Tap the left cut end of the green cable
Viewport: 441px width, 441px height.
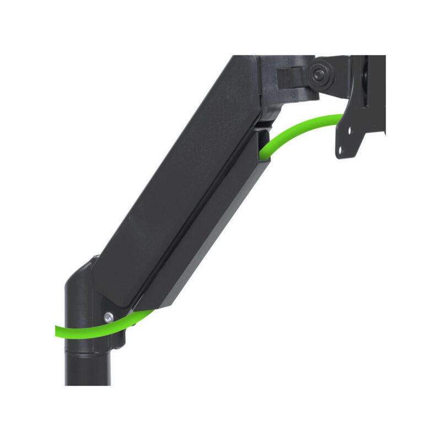pos(57,331)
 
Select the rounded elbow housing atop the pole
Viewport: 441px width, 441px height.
pos(80,287)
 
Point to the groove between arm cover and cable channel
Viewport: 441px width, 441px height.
pos(198,209)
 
